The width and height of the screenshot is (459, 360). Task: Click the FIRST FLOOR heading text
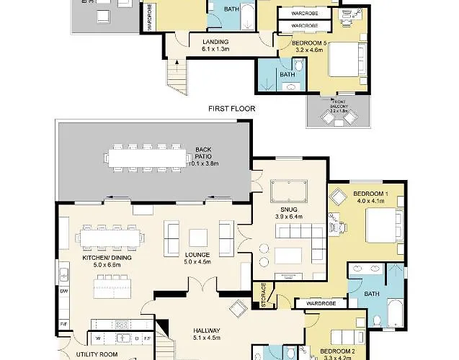pyautogui.click(x=231, y=109)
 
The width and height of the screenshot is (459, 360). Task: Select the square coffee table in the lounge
pyautogui.click(x=197, y=238)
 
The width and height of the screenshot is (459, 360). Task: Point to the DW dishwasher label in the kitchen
pyautogui.click(x=64, y=292)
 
